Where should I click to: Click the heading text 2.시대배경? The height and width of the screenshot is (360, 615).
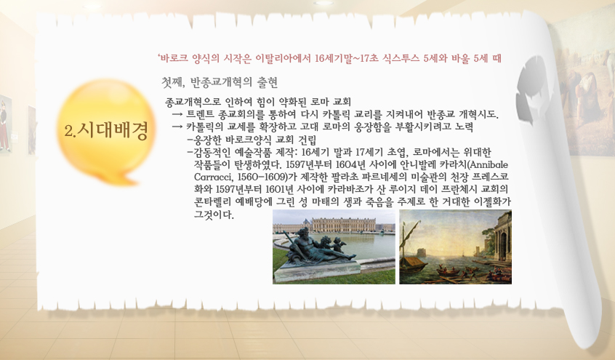106,131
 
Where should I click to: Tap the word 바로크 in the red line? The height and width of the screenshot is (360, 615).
174,58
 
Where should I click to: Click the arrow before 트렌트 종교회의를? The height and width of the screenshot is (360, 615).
177,115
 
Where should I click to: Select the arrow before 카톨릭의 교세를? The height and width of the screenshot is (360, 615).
177,127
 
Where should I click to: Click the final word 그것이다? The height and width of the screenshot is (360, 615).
214,215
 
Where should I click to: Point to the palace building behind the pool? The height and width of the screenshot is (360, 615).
334,225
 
